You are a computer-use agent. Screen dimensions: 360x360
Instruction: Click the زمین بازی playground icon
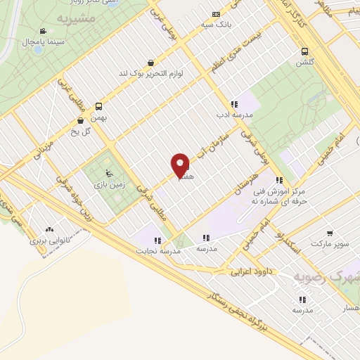(107, 173)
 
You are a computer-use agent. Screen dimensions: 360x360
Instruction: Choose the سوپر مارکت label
(330, 243)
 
